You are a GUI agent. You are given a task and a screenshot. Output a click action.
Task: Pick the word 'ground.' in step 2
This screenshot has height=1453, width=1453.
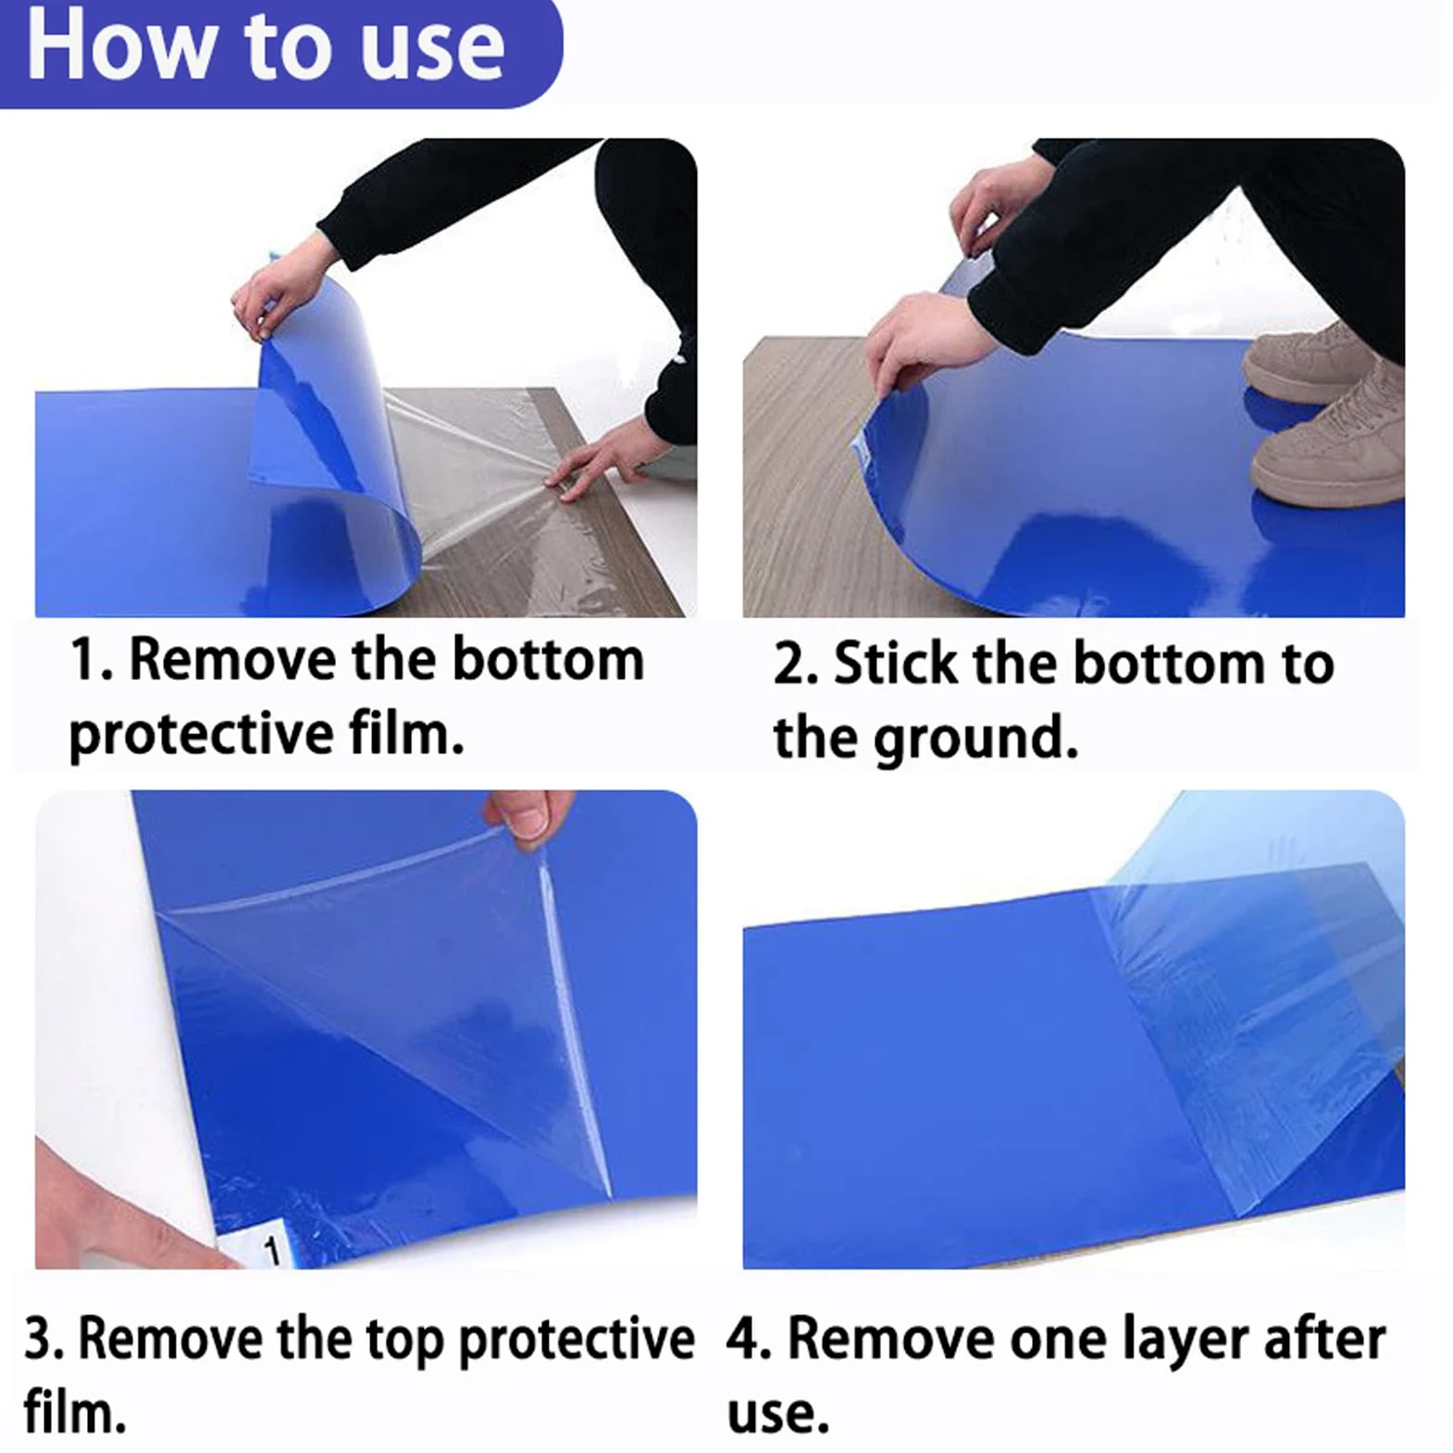(976, 739)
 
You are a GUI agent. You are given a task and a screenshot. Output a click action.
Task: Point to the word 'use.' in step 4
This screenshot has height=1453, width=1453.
(777, 1414)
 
